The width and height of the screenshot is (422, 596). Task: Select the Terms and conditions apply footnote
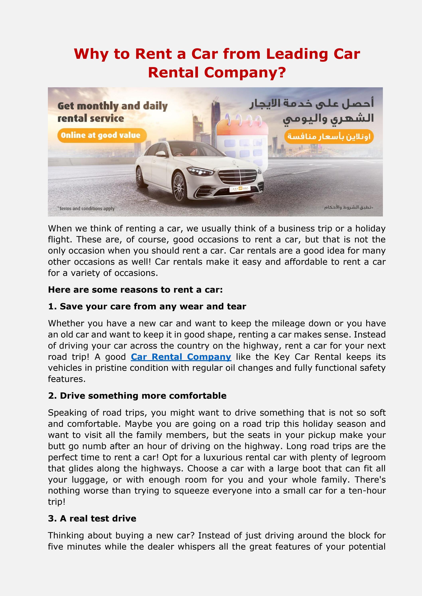[86, 209]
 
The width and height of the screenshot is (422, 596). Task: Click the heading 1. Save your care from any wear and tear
[147, 306]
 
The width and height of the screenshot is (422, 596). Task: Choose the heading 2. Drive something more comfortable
[137, 396]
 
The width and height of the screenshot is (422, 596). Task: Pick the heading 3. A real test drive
[92, 518]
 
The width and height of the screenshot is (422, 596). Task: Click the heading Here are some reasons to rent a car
[135, 290]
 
